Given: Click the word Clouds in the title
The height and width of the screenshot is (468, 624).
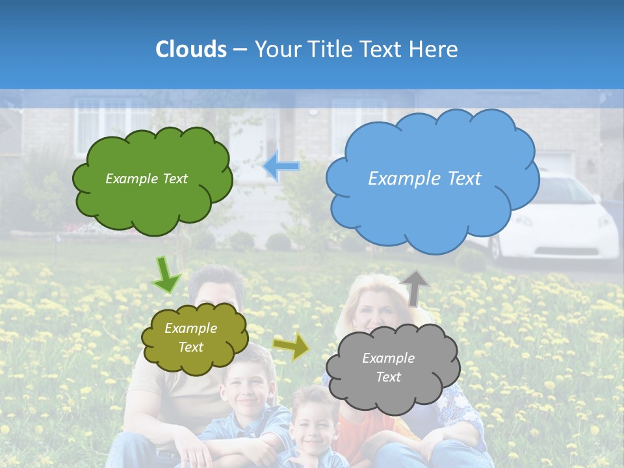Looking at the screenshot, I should (190, 49).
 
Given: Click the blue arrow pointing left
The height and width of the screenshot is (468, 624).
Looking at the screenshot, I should (281, 166).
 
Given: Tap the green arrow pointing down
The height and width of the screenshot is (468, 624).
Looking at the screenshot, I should (166, 276).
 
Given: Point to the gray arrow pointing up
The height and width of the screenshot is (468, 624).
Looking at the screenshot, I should (415, 287).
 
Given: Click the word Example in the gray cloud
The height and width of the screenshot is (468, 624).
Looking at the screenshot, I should (388, 358).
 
